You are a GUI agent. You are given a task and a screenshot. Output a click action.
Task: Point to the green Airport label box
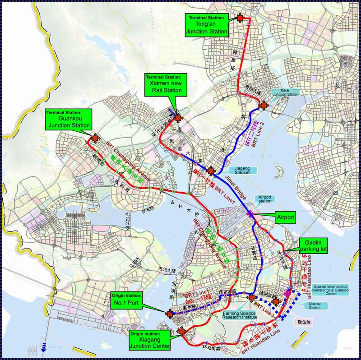(285, 217)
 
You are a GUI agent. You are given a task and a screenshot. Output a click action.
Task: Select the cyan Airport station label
(265, 199)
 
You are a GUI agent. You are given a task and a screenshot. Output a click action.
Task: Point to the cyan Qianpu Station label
(315, 306)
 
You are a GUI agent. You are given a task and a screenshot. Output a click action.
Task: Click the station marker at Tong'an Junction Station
(240, 18)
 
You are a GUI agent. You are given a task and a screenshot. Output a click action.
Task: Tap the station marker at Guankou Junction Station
(96, 139)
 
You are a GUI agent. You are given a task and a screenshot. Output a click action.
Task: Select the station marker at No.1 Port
(169, 313)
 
